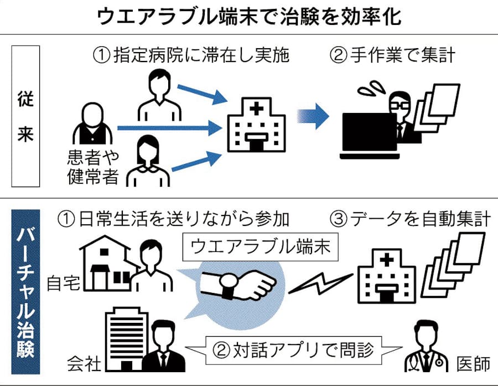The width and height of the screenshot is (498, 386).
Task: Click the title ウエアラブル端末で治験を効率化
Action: tap(249, 17)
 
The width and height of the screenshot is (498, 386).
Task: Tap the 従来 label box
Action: tap(25, 116)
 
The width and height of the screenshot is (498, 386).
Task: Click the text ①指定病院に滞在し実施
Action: tap(191, 55)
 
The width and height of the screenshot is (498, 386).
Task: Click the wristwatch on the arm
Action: tap(227, 286)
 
